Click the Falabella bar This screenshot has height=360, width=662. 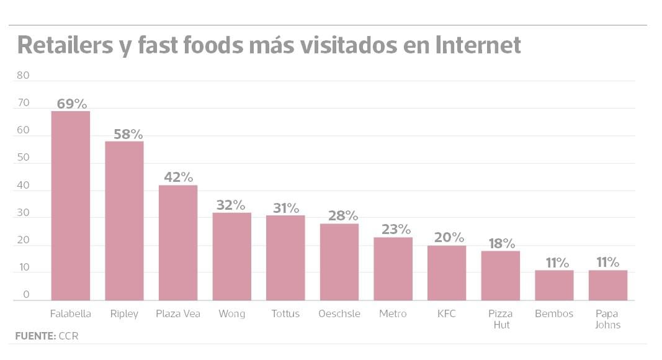point(70,205)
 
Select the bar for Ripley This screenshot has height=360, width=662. point(124,220)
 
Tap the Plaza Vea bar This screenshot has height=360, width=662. point(178,243)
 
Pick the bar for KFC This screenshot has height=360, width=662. point(447,272)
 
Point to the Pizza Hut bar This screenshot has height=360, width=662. point(500,276)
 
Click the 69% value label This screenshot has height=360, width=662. point(72,104)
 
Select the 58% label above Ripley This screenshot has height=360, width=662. point(128,134)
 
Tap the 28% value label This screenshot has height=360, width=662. point(343,216)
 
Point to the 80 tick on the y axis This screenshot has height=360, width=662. point(23,76)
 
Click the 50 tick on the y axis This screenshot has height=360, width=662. point(23,158)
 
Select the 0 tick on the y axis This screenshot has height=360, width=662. point(26,295)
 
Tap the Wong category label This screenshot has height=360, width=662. point(231,314)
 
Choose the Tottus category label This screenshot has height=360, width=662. point(285,314)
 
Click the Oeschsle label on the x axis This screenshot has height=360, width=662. point(339,314)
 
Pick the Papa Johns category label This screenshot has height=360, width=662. point(607,319)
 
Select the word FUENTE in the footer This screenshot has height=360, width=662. point(35,336)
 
